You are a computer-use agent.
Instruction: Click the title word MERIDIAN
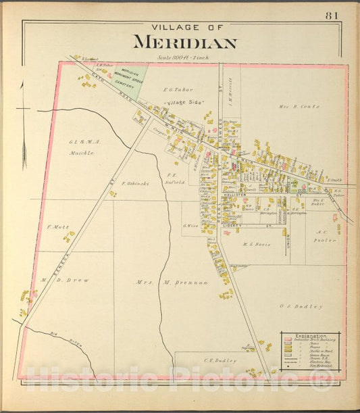point(184,43)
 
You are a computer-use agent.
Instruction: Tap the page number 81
point(332,16)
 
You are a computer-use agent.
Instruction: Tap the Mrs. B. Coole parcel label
point(299,107)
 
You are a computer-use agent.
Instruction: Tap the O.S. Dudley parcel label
point(301,306)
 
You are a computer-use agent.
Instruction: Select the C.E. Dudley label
point(220,360)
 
